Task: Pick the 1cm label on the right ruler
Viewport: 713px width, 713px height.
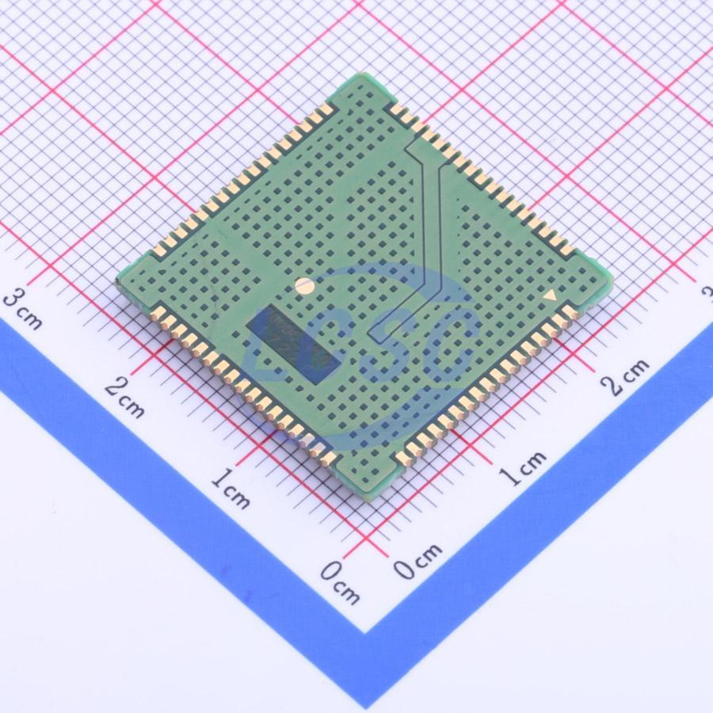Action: (x=523, y=468)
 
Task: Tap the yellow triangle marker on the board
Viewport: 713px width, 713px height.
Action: (x=551, y=296)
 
